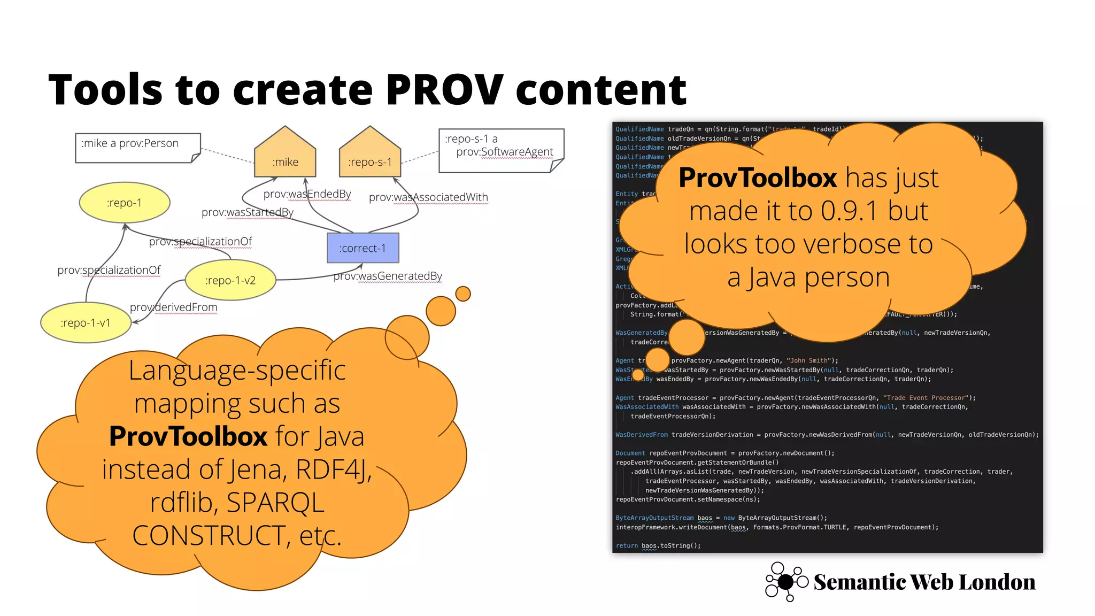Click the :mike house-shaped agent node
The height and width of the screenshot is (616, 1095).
[285, 155]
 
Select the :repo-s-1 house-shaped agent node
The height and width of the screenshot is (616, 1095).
[370, 155]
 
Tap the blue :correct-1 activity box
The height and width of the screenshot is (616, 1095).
[363, 248]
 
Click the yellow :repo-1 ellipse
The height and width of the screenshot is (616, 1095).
[125, 203]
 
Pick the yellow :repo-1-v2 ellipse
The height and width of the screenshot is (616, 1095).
[230, 280]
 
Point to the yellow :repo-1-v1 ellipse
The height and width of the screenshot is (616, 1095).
[86, 322]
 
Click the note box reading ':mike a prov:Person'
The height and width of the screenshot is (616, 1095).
[137, 147]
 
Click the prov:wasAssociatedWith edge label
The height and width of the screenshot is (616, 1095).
[428, 197]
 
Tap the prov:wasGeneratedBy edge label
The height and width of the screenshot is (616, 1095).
[388, 276]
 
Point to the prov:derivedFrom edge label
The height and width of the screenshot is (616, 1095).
[173, 307]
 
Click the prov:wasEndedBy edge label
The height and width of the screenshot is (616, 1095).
[307, 194]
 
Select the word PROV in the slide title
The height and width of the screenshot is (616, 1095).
[444, 90]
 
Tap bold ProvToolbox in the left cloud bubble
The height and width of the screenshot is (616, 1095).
[188, 436]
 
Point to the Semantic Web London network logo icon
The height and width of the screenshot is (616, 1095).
[786, 582]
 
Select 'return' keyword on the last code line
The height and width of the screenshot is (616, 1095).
[627, 546]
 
